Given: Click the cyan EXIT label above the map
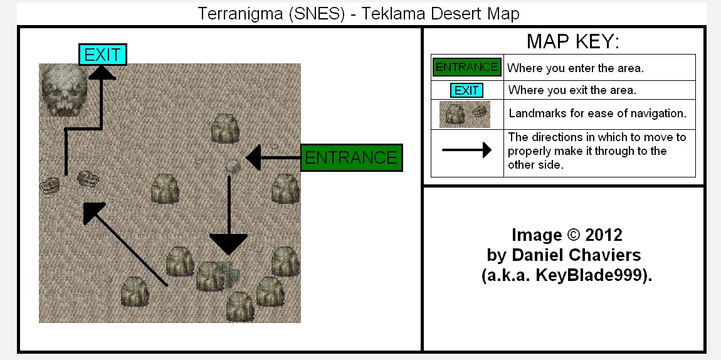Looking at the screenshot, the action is pyautogui.click(x=103, y=55).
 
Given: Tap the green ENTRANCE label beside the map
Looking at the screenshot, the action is pyautogui.click(x=351, y=157).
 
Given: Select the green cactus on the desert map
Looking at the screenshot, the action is pyautogui.click(x=229, y=274).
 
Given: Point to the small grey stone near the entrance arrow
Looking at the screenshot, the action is pyautogui.click(x=233, y=166).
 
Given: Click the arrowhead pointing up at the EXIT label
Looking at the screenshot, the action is pyautogui.click(x=102, y=72).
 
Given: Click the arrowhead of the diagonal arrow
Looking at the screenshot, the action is pyautogui.click(x=93, y=213).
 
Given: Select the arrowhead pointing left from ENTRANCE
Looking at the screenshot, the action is pyautogui.click(x=253, y=157).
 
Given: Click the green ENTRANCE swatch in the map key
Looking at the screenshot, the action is pyautogui.click(x=466, y=67).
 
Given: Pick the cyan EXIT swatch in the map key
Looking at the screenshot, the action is pyautogui.click(x=466, y=90).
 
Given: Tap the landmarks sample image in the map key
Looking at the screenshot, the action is pyautogui.click(x=465, y=115).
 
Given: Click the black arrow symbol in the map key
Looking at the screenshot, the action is pyautogui.click(x=466, y=150).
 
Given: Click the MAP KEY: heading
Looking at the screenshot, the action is pyautogui.click(x=573, y=41).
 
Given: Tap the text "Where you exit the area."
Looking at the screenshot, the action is pyautogui.click(x=572, y=90).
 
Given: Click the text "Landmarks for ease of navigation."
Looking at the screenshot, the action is pyautogui.click(x=597, y=113).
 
